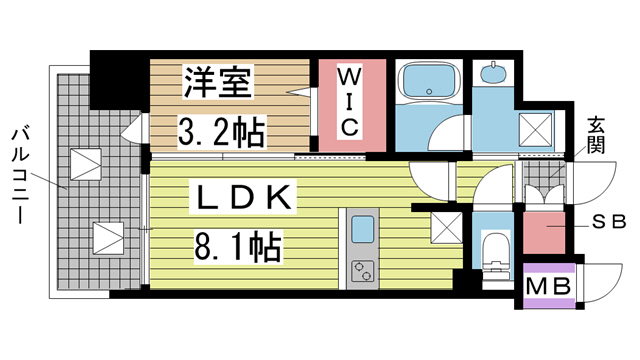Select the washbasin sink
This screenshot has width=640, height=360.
pos(492,75)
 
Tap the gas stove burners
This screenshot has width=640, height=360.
pos(361,270)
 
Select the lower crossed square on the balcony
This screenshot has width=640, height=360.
pos(107,237)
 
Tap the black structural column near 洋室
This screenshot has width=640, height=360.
pos(119,80)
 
